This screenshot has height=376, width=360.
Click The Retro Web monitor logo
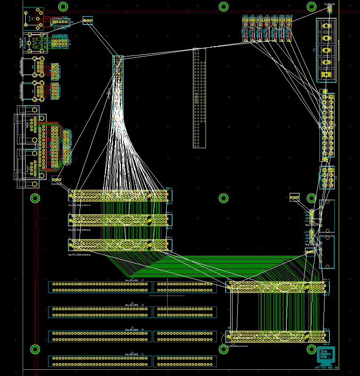326,355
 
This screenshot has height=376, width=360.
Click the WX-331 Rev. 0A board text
327,368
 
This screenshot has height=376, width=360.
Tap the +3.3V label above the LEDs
245,16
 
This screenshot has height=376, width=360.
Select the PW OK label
289,16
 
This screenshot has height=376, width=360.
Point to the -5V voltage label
267,16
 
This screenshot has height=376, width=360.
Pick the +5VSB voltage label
281,16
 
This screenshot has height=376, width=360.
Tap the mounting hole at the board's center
224,198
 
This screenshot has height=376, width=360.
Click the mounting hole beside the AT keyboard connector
63,6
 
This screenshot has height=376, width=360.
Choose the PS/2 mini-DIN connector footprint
36,43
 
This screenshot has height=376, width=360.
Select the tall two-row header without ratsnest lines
200,98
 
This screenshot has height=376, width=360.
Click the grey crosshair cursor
167,295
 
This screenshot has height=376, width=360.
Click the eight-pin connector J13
327,177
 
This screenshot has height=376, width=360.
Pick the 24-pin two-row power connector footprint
327,127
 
